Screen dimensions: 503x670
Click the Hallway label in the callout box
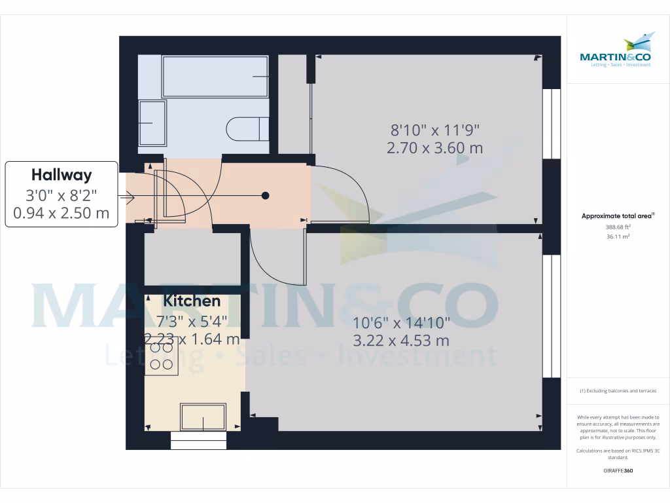pos(62,175)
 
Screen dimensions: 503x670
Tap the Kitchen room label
pos(192,301)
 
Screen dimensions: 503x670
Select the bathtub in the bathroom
pos(215,77)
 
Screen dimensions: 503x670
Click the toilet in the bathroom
pos(247,128)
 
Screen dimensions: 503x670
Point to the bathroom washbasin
pos(152,122)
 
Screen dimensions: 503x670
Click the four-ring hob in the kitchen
pos(162,356)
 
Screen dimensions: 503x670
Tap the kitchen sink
pos(203,416)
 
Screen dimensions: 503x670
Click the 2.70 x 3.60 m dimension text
pos(434,148)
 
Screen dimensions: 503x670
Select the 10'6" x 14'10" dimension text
pos(401,323)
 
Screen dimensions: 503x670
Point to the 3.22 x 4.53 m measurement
pos(401,341)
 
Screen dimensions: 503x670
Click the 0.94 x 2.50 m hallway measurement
pos(62,213)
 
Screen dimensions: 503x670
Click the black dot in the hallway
pos(266,195)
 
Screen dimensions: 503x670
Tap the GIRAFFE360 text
pos(618,471)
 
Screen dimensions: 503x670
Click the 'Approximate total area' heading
pos(618,215)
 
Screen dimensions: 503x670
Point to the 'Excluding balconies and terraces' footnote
pos(618,391)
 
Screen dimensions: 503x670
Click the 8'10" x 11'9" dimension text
pos(434,130)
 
